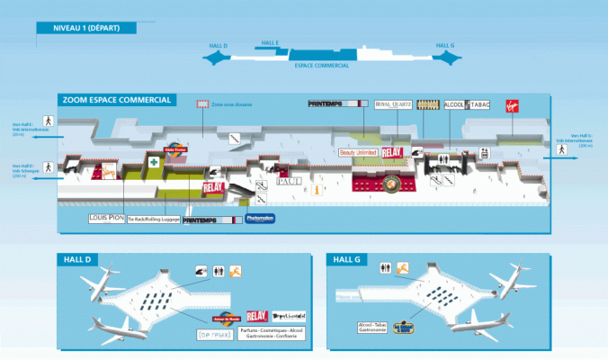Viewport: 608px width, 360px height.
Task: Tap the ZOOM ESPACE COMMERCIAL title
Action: pyautogui.click(x=116, y=100)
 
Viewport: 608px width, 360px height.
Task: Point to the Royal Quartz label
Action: pyautogui.click(x=393, y=104)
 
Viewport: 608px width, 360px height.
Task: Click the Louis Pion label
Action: pyautogui.click(x=105, y=219)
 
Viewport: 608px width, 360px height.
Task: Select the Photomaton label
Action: pyautogui.click(x=259, y=219)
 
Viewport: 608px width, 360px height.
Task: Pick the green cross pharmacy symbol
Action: pyautogui.click(x=155, y=163)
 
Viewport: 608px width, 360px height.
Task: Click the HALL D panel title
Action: pyautogui.click(x=77, y=260)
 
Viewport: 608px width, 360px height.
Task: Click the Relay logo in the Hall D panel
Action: pyautogui.click(x=256, y=317)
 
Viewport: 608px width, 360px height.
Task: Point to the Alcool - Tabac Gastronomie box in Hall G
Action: pyautogui.click(x=373, y=328)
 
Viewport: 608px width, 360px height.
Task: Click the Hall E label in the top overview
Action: pyautogui.click(x=270, y=42)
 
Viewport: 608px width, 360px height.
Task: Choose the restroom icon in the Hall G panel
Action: pyautogui.click(x=386, y=267)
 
